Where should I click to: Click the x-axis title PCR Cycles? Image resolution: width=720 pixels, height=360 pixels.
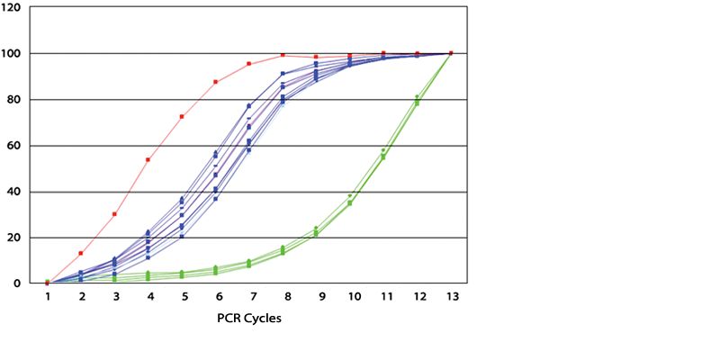(249, 319)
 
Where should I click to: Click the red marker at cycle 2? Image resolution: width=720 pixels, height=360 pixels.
(81, 253)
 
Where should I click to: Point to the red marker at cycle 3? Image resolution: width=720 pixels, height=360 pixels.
(114, 214)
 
